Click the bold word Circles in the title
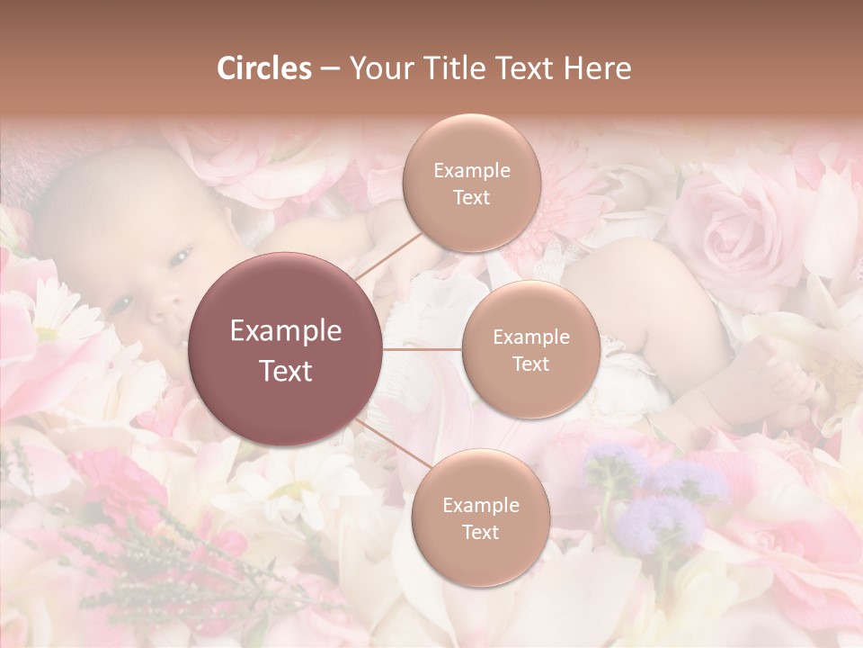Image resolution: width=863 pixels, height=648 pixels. tap(263, 68)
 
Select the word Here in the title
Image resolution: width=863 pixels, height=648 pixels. tap(596, 68)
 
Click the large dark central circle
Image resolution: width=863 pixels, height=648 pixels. tap(286, 350)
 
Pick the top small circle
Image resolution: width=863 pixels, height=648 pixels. tap(471, 183)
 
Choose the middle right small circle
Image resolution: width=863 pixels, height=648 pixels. tap(530, 349)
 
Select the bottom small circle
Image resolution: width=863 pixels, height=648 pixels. tap(480, 517)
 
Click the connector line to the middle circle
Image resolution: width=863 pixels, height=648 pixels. tap(423, 349)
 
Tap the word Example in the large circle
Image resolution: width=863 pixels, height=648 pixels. tap(286, 331)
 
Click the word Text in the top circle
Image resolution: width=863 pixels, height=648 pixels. tap(471, 197)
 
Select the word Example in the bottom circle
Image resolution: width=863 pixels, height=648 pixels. tap(480, 505)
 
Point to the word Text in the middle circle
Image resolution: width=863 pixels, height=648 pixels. tap(530, 364)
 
